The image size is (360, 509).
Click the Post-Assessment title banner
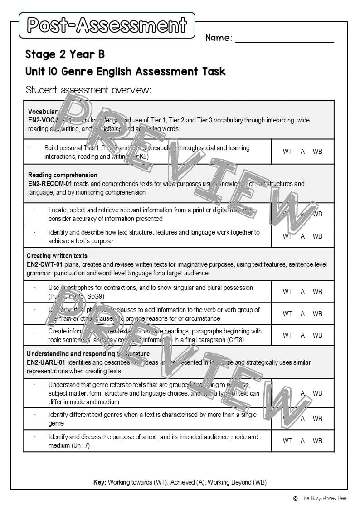[107, 25]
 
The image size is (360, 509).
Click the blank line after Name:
[284, 38]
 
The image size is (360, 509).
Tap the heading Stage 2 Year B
[65, 54]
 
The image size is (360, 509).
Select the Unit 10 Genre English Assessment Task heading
[125, 72]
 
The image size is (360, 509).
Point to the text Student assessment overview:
[88, 90]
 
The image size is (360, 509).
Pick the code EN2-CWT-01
[44, 264]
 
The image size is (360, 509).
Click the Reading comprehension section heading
[63, 175]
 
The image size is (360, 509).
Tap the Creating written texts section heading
[57, 256]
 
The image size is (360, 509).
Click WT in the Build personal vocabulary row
[287, 152]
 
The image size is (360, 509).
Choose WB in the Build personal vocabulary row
[317, 152]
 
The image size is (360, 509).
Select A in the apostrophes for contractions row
[302, 292]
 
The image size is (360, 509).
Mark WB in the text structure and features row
[317, 236]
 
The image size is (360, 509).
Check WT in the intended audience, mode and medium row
[287, 441]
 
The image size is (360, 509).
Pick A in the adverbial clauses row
[302, 314]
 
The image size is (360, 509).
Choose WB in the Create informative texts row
[317, 335]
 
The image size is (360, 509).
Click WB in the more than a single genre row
[317, 419]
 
